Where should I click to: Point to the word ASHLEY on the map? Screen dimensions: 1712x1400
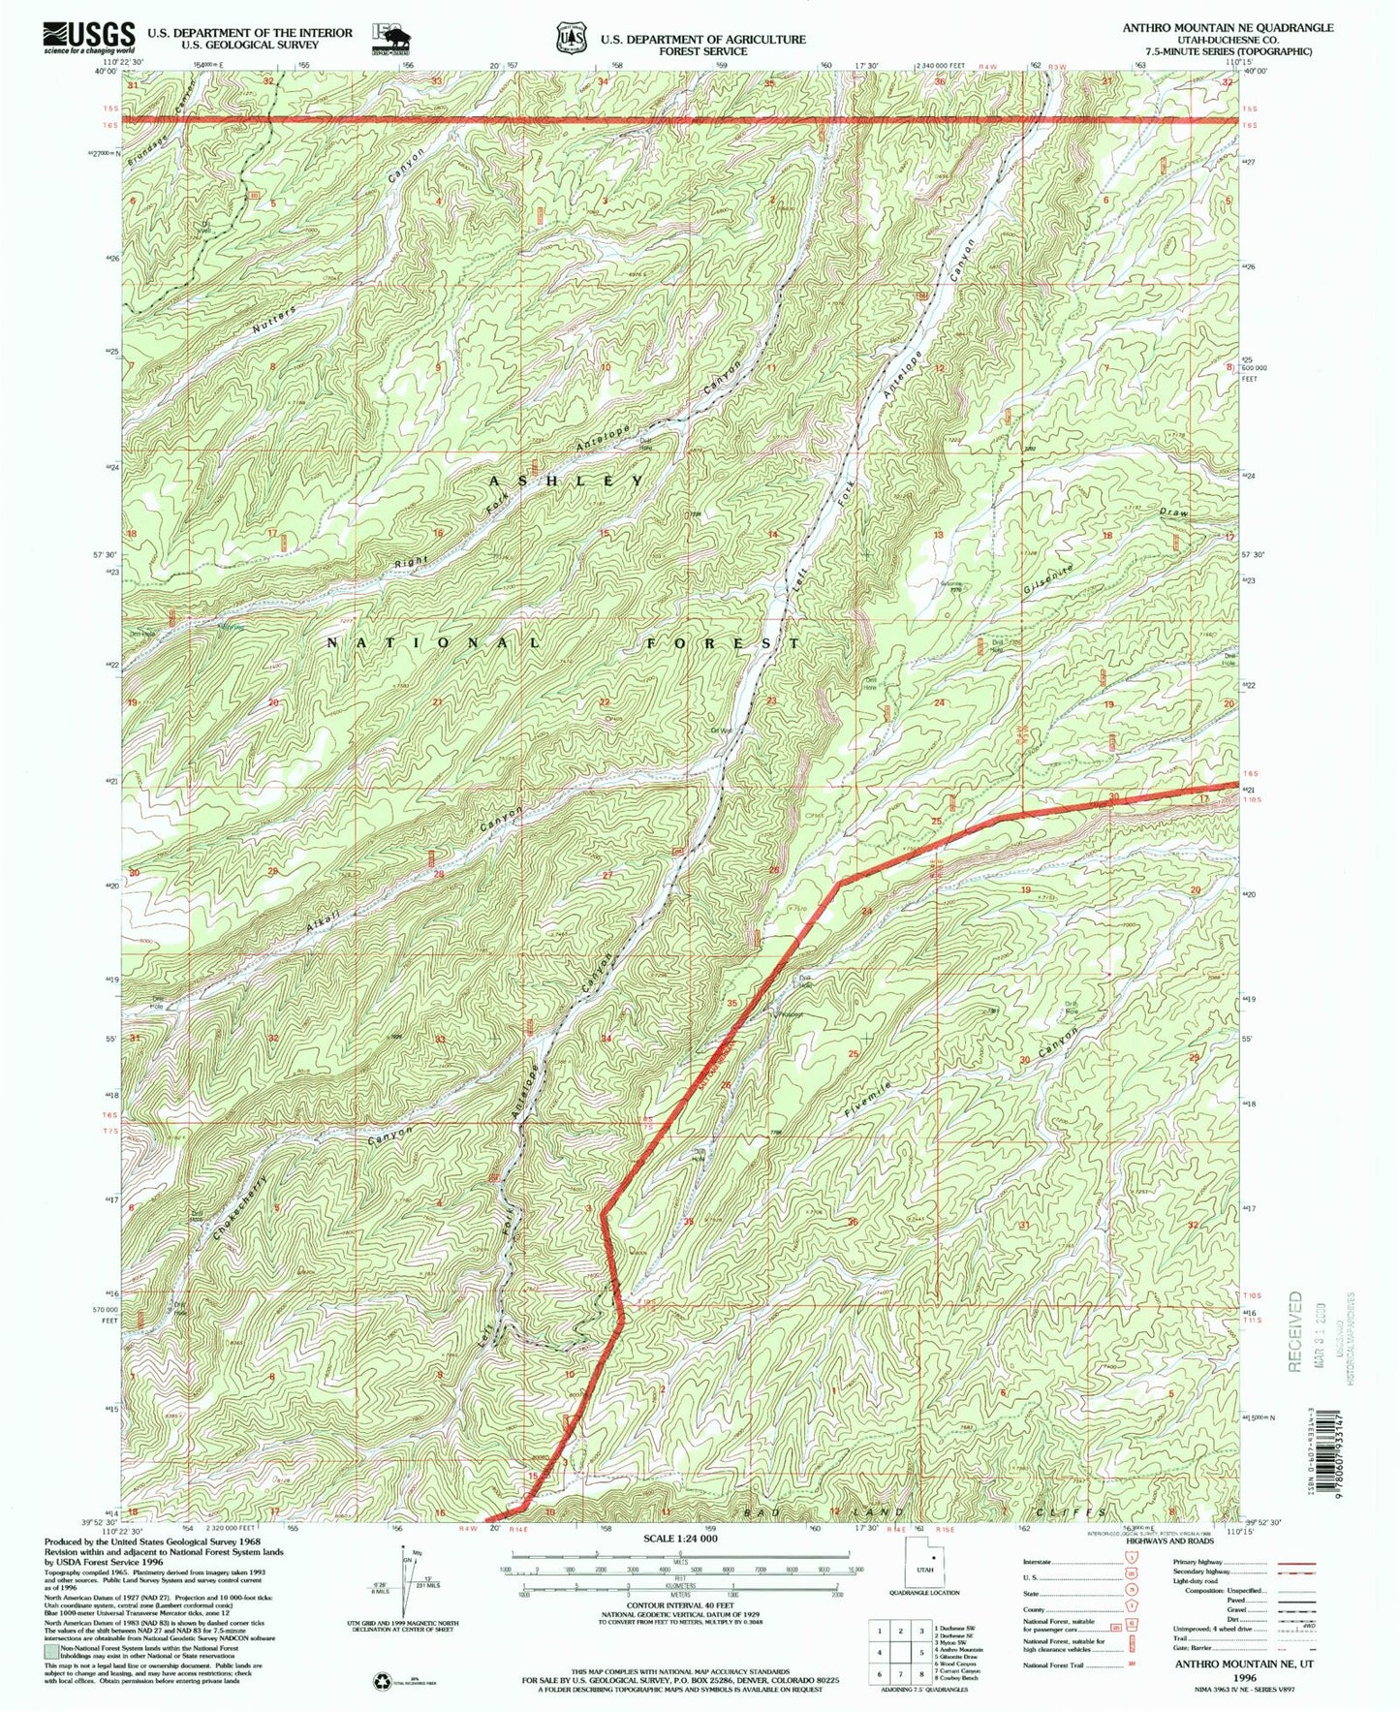click(566, 482)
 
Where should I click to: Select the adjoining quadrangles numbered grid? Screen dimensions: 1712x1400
click(896, 1653)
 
